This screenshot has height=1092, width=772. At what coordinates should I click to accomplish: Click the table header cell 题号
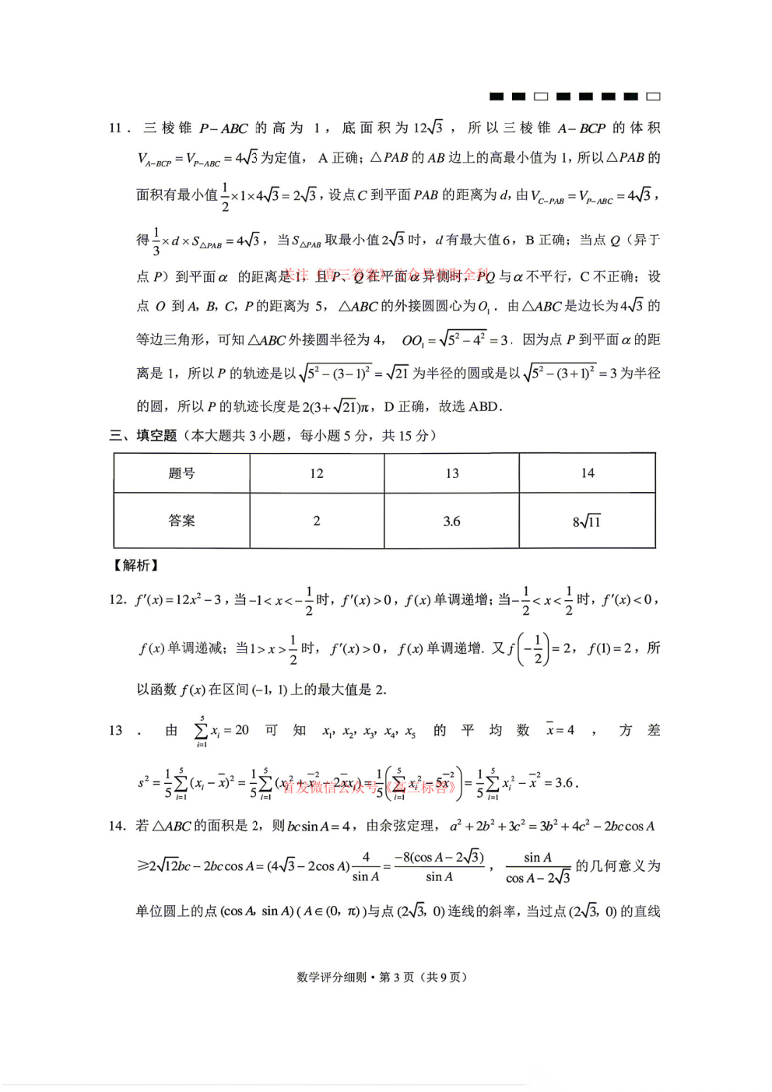(181, 473)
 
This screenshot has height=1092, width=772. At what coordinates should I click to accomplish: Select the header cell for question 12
(317, 473)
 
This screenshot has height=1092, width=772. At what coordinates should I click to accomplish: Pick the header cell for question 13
(452, 473)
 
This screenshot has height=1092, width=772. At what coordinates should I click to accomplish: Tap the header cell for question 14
(588, 473)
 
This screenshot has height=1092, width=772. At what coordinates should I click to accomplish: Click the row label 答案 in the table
(181, 521)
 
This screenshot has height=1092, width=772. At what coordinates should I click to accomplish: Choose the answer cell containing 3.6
(452, 521)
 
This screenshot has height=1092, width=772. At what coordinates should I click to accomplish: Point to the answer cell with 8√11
(588, 521)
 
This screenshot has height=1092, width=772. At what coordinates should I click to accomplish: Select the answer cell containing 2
(317, 521)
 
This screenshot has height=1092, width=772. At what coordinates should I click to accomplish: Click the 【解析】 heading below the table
(136, 565)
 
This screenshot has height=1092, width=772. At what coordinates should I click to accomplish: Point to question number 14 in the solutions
(117, 826)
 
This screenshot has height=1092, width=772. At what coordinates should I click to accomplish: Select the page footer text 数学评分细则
(332, 977)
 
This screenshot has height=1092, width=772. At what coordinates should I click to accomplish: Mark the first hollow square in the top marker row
(541, 97)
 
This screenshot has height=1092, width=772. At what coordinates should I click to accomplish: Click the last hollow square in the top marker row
(654, 97)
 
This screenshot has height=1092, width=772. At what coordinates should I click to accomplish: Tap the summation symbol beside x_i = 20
(202, 731)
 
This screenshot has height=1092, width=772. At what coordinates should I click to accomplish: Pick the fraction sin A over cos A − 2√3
(538, 867)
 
